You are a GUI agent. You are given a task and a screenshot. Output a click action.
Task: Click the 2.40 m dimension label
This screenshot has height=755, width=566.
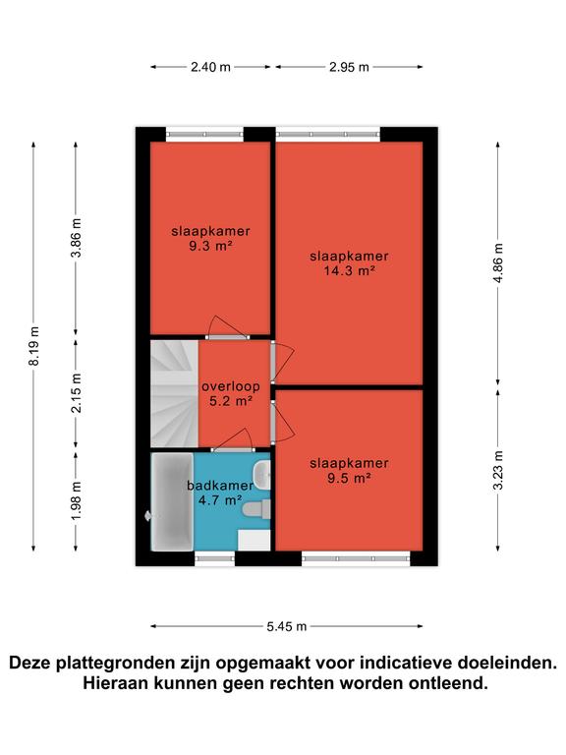coord(210,67)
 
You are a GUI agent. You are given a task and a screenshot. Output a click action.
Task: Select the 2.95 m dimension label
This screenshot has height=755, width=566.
coord(349,67)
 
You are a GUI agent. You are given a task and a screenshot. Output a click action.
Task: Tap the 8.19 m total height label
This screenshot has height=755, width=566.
coord(34,346)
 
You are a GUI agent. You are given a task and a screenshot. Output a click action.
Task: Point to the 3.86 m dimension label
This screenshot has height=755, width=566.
coord(76,237)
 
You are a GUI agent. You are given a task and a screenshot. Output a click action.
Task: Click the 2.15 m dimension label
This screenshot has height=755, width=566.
coord(76,392)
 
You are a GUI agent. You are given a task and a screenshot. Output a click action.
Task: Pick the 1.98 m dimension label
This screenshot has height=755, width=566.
coord(76,500)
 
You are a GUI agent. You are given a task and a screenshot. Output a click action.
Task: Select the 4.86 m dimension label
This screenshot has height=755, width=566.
coord(498,263)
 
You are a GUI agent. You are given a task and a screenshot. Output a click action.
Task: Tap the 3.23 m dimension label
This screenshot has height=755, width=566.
coord(498,470)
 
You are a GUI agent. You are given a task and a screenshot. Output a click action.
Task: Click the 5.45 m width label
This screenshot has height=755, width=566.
coord(287,626)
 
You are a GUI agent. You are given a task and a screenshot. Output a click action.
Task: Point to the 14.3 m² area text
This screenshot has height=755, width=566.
coord(350,270)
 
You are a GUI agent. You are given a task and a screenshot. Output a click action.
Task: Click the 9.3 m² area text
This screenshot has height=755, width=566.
coord(210,246)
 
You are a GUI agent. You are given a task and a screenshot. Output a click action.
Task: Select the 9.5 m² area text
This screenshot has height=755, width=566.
coord(349,478)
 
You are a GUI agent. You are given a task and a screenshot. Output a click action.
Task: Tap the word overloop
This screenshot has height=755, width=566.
coord(231,386)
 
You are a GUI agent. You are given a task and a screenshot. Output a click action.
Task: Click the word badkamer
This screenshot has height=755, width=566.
coord(220,486)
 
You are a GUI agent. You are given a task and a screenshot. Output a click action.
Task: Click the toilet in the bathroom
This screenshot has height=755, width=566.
coord(256,509)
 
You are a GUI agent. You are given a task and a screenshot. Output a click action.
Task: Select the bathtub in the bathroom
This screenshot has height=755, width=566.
coord(172,501)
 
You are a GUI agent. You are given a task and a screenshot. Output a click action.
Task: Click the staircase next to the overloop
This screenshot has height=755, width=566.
coord(175,394)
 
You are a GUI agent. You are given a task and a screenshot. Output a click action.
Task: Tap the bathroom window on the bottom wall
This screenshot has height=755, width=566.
coord(214,558)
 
